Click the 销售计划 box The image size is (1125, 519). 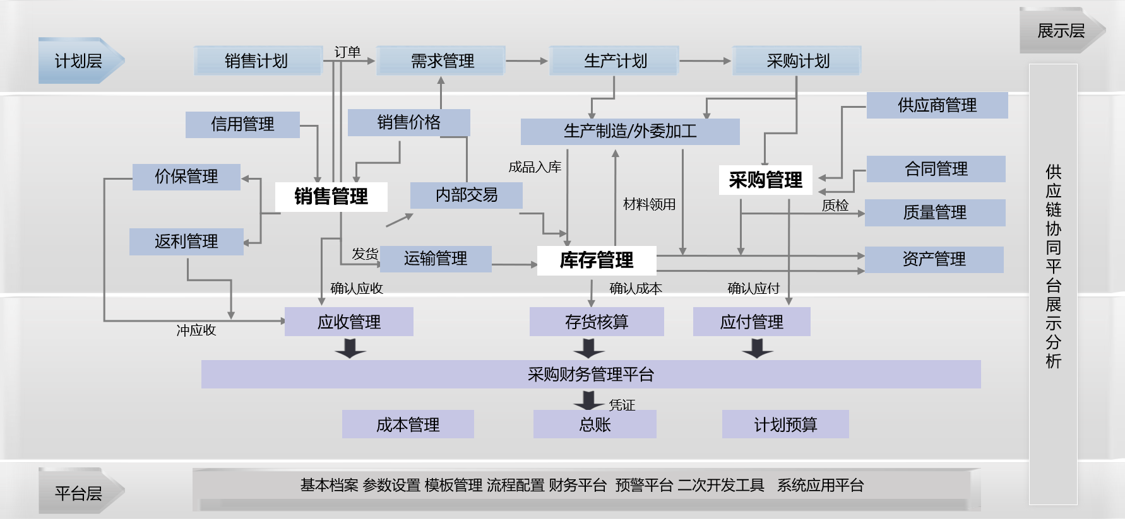[x=257, y=61]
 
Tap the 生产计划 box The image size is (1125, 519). [x=614, y=61]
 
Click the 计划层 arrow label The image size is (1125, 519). [x=79, y=61]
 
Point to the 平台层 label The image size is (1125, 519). [x=79, y=493]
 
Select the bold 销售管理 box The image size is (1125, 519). [x=331, y=197]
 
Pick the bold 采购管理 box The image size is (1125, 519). [x=765, y=180]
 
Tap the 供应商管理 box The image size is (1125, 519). [x=937, y=105]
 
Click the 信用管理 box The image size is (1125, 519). [x=242, y=124]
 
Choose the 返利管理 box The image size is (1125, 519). [x=186, y=242]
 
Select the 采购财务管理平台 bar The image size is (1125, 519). [x=590, y=375]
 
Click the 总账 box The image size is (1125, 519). [x=595, y=424]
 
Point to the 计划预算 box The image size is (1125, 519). [x=785, y=424]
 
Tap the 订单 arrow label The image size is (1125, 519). [x=347, y=52]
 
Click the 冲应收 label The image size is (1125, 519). [x=196, y=330]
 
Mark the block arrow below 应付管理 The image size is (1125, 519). [x=758, y=348]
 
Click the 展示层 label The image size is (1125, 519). [x=1061, y=31]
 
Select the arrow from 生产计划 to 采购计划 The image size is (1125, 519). [x=705, y=61]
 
